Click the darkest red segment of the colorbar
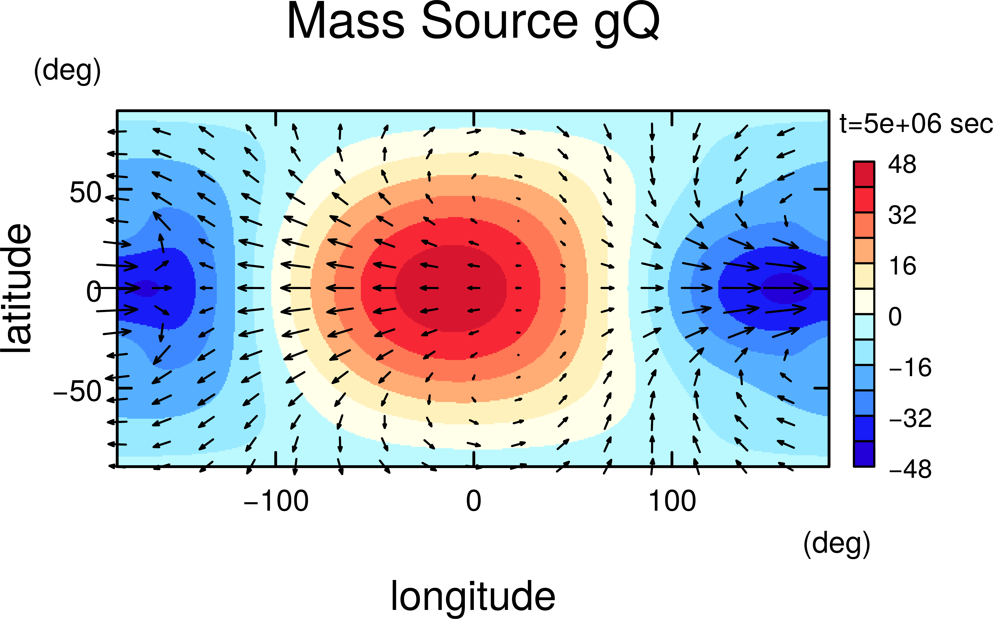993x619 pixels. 864,174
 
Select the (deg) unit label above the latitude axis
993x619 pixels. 68,71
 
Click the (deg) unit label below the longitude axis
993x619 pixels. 837,545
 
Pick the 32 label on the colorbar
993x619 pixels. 902,215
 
